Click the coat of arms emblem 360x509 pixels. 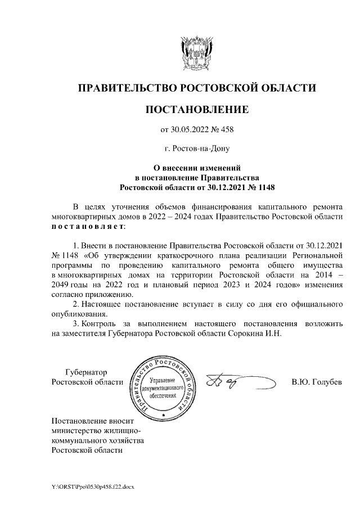197,53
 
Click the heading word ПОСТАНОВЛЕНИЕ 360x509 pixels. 197,109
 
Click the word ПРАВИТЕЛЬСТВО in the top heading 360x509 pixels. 127,88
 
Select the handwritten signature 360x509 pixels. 226,382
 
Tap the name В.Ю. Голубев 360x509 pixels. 317,382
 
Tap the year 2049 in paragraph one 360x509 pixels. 60,285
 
